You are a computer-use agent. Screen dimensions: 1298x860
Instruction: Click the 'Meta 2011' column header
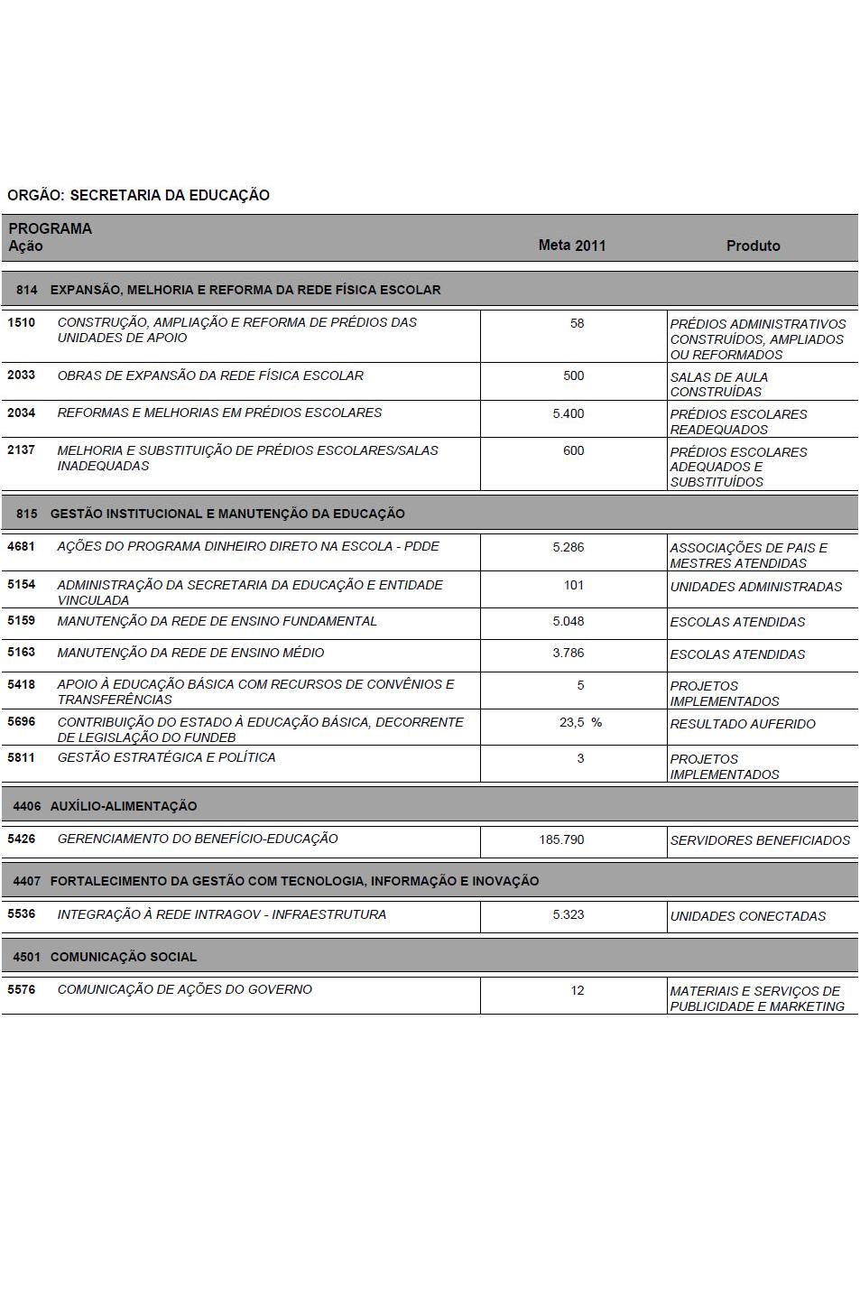572,246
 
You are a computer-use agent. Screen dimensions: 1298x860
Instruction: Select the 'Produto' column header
753,246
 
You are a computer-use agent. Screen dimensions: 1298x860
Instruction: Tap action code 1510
21,322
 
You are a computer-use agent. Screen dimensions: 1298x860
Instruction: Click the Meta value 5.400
569,413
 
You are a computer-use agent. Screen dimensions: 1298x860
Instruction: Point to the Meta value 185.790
561,839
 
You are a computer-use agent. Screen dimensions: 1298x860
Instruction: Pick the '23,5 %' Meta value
579,722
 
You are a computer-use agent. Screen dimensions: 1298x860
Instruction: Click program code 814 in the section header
27,290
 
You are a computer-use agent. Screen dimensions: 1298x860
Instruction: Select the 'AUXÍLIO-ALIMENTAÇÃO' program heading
123,806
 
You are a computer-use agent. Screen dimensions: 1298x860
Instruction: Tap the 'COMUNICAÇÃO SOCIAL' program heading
123,957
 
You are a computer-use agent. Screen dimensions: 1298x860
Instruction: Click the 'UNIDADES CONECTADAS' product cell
747,916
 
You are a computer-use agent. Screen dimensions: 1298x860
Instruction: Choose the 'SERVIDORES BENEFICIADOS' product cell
760,840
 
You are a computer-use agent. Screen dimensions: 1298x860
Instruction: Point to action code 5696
21,722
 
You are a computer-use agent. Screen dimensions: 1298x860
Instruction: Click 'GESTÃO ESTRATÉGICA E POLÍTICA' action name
166,757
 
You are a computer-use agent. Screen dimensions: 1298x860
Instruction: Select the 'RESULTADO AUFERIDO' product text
742,724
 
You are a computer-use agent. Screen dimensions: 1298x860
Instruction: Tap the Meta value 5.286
569,547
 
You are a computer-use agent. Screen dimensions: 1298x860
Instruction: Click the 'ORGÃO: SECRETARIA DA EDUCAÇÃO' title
138,195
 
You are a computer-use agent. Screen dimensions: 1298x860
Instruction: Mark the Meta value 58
577,323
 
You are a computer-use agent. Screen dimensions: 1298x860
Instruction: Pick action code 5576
21,989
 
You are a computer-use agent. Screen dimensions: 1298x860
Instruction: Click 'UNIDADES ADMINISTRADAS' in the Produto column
755,587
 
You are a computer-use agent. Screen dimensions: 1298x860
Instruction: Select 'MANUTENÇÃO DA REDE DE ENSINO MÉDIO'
190,653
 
